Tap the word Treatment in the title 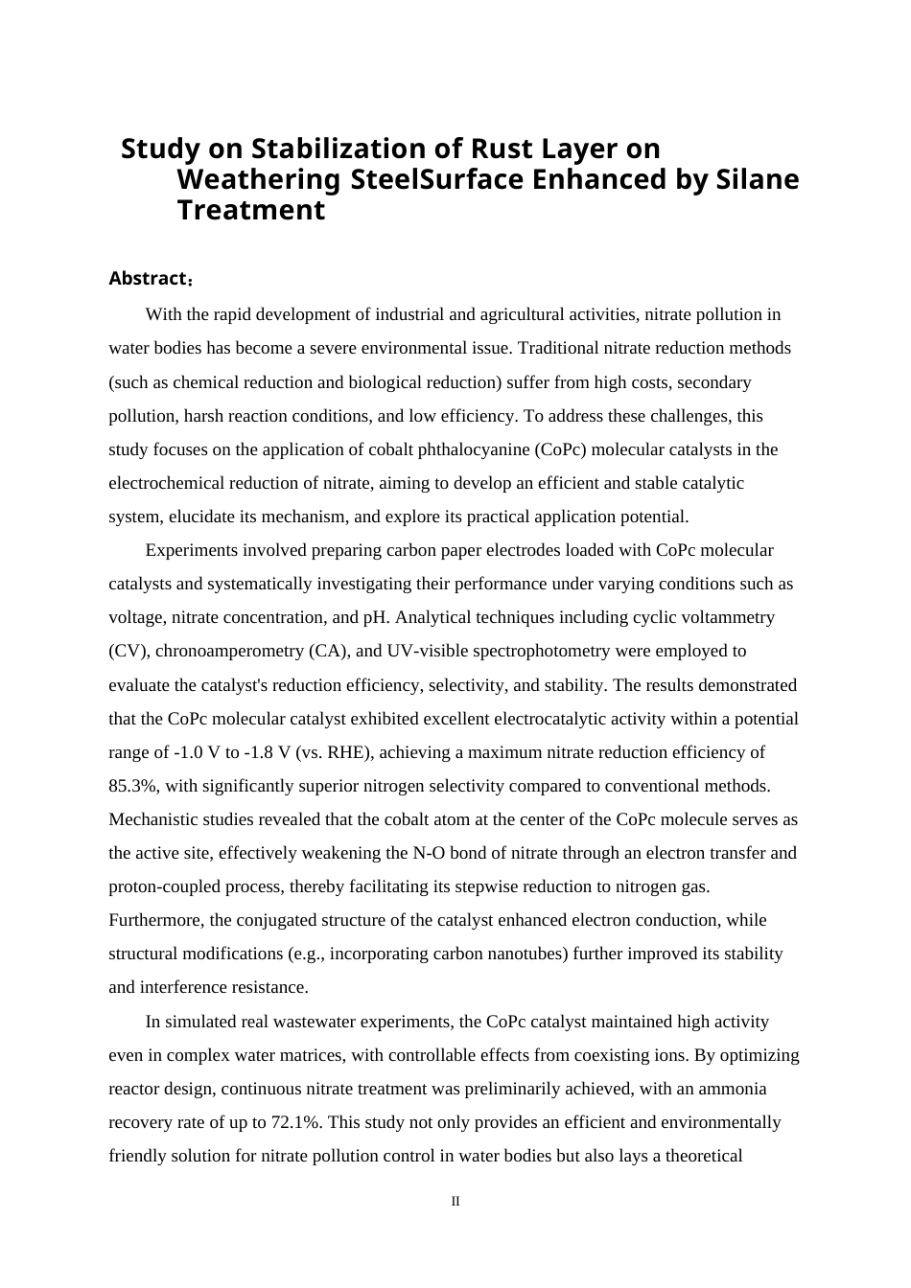(251, 211)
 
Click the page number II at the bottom (455, 1202)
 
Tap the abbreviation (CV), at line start (128, 651)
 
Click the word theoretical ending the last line (696, 1156)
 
